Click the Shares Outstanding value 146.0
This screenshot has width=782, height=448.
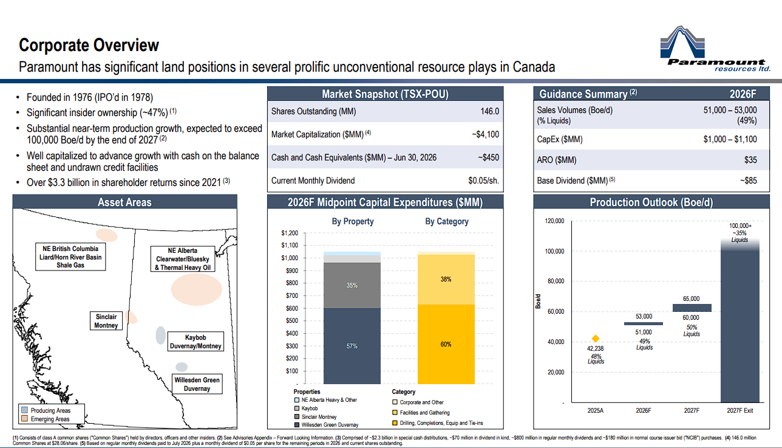click(489, 111)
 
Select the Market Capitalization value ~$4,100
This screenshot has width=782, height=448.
click(485, 134)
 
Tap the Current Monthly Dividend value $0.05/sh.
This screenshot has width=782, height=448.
click(483, 181)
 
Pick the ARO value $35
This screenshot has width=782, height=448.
click(750, 160)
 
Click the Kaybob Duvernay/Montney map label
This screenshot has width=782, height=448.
click(195, 342)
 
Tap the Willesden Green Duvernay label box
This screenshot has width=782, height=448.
click(197, 384)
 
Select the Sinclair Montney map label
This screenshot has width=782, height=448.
click(106, 321)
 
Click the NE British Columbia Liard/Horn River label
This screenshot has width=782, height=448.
click(70, 257)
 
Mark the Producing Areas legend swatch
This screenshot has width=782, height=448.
click(24, 410)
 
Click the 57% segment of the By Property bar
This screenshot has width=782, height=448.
click(352, 346)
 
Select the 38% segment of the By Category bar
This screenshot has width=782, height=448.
click(446, 280)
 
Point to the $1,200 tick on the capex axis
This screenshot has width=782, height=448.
click(290, 233)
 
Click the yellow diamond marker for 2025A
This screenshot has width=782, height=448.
click(596, 338)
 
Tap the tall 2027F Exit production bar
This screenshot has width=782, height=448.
click(739, 320)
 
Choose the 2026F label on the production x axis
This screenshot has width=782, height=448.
click(644, 410)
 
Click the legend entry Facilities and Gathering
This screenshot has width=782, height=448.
click(424, 413)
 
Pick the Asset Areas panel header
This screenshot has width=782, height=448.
click(124, 202)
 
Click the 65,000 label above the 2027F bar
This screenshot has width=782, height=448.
click(691, 299)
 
